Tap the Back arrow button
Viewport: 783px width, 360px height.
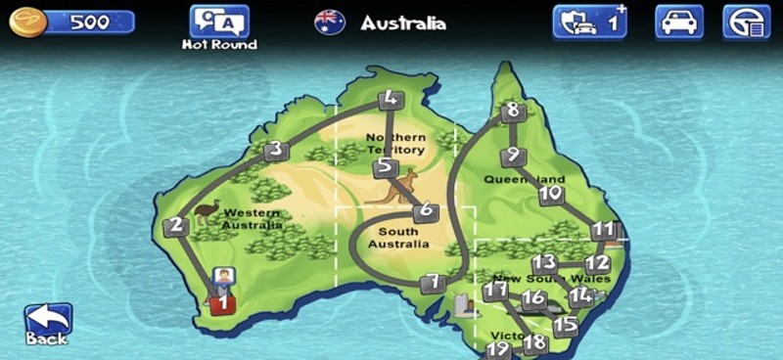click(x=47, y=321)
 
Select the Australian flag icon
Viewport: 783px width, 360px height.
click(x=329, y=22)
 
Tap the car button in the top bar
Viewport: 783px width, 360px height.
click(x=679, y=22)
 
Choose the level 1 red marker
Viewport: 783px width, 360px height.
click(x=223, y=303)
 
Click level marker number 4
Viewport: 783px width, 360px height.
click(x=390, y=99)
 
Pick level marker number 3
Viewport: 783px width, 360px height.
click(x=276, y=150)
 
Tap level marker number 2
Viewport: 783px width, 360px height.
click(x=176, y=226)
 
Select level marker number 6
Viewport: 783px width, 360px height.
click(x=424, y=211)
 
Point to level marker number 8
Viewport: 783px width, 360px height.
click(x=512, y=112)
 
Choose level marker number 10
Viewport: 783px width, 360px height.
click(x=551, y=194)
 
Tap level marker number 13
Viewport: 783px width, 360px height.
click(x=544, y=263)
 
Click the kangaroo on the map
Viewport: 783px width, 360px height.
click(x=395, y=187)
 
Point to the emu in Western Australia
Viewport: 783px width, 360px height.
click(x=206, y=210)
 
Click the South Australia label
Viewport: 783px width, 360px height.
click(x=397, y=238)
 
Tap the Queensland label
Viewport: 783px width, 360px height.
click(x=525, y=180)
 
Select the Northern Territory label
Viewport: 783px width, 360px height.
click(x=395, y=144)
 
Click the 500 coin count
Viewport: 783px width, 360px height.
click(x=89, y=22)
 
